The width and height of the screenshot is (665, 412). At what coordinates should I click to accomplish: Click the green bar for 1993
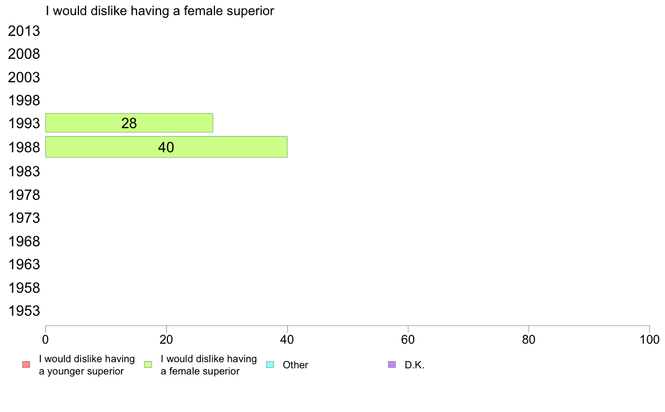pos(129,123)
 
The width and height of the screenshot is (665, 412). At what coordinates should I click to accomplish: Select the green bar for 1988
pos(166,147)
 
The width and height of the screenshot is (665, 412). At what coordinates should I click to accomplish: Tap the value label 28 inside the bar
pos(129,123)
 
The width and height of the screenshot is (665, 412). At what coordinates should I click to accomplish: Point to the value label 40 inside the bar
pos(166,147)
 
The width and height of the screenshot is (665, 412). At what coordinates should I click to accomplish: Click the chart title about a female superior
pos(160,11)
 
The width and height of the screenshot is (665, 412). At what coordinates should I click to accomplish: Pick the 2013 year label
pos(24,31)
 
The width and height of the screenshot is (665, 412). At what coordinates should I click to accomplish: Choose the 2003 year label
pos(24,77)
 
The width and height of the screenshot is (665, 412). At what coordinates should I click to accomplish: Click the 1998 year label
pos(24,101)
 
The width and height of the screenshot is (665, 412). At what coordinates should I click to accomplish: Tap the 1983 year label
pos(24,171)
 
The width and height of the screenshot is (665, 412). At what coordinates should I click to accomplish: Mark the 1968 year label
pos(24,241)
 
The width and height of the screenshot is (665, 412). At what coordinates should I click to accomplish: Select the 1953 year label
pos(24,311)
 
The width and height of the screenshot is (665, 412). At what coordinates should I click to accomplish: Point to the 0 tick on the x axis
pos(45,339)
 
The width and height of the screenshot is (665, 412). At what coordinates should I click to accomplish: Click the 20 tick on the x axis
pos(166,339)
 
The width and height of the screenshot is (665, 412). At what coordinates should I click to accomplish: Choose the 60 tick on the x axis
pos(408,339)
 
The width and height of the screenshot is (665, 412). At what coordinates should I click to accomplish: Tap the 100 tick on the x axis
pos(649,339)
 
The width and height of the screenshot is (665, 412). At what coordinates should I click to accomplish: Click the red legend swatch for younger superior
pos(26,364)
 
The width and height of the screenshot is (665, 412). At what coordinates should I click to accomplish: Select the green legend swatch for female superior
pos(148,364)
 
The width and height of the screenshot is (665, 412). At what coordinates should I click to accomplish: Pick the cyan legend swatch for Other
pos(270,364)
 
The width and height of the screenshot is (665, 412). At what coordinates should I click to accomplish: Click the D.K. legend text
pos(414,365)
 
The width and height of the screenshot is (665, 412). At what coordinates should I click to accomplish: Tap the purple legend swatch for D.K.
pos(392,364)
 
